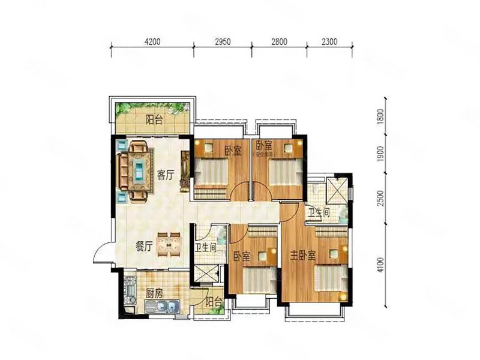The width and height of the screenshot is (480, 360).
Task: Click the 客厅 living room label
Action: click(166, 175)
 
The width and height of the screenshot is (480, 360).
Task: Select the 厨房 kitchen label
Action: click(154, 294)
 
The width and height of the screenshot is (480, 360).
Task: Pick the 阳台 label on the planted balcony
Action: click(154, 119)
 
